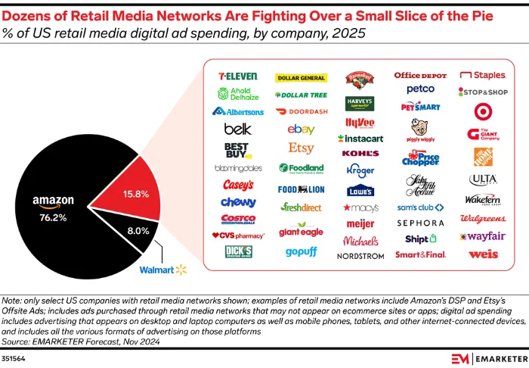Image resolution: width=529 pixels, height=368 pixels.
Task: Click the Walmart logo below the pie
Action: tap(162, 269)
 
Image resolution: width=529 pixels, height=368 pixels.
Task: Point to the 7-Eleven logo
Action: tap(237, 76)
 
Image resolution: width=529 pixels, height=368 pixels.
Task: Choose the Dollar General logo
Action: tap(302, 77)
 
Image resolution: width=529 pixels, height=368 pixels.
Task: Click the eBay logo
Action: tap(301, 129)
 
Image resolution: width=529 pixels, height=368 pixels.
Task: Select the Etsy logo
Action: tap(301, 148)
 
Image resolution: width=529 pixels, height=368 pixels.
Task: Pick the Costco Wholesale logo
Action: tap(237, 219)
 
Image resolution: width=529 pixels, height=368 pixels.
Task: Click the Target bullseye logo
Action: tap(483, 111)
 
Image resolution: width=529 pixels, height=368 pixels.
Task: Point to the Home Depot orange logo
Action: tap(483, 157)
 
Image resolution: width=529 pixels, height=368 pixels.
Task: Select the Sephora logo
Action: tap(420, 223)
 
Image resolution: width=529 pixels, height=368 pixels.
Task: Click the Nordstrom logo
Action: tap(360, 256)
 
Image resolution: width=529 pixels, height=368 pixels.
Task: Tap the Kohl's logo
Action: tap(360, 154)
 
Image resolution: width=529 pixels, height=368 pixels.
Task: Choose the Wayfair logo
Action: tap(483, 236)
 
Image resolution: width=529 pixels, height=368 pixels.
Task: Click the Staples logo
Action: tap(483, 76)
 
